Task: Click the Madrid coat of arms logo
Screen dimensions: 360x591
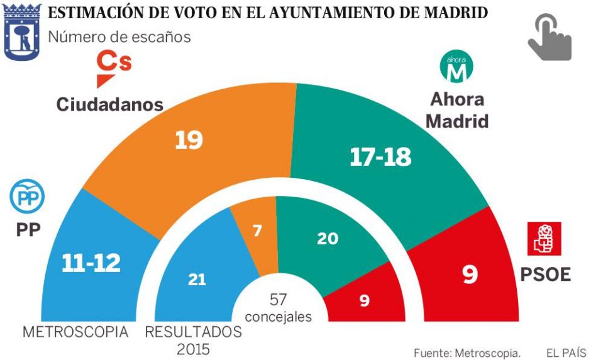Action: (23, 31)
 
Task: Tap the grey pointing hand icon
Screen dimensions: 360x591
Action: (549, 38)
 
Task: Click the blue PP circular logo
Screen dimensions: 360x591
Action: (27, 196)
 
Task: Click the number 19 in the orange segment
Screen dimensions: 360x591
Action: (189, 139)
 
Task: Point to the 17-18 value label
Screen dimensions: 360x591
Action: (380, 157)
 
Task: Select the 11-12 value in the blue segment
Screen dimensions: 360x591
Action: (91, 263)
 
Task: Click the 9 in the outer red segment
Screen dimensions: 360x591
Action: (470, 275)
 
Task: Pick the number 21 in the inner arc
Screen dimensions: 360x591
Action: (197, 280)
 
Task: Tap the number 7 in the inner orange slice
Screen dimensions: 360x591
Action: (258, 231)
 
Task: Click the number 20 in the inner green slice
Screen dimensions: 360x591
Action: (328, 238)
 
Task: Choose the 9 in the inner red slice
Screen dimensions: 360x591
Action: (365, 301)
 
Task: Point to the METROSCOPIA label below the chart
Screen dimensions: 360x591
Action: (75, 332)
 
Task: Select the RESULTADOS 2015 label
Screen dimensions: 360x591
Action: (193, 339)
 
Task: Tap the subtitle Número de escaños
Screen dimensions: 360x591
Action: (119, 37)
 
